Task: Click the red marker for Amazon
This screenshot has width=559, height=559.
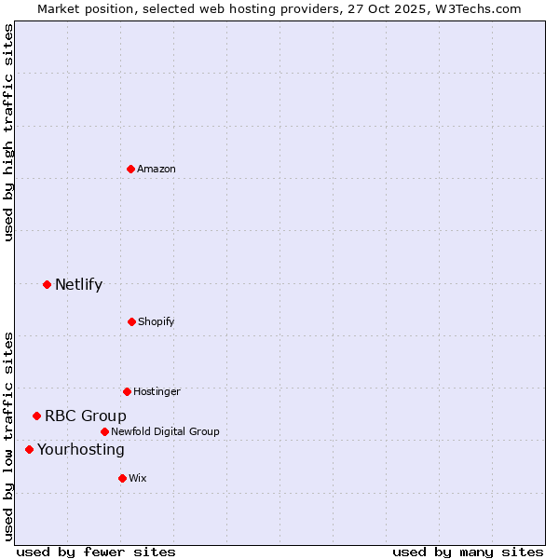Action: click(131, 169)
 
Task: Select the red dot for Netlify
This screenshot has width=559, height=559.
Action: click(47, 284)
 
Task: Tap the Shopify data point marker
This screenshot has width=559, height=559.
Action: click(131, 321)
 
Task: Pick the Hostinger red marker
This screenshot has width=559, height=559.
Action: click(127, 391)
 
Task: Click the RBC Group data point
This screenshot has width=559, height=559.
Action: click(36, 416)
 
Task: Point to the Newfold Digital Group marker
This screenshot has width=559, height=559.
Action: click(104, 431)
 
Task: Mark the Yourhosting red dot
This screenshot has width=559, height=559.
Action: click(29, 449)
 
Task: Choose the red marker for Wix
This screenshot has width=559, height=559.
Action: click(122, 478)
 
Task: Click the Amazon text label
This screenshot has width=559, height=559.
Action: click(157, 169)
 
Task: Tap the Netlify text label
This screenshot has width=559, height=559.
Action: click(78, 284)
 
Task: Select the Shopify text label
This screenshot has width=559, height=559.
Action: click(157, 321)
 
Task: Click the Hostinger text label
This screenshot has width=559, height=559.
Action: click(157, 391)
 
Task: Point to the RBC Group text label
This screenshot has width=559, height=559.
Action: click(86, 416)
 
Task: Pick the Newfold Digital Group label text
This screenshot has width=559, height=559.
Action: click(165, 431)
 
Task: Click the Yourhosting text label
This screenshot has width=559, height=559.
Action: click(81, 449)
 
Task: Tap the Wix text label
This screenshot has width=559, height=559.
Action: click(138, 478)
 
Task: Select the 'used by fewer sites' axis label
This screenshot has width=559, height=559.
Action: click(96, 552)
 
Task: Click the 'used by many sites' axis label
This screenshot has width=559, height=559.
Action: click(468, 552)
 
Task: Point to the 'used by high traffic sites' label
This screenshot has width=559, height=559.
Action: click(8, 132)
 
